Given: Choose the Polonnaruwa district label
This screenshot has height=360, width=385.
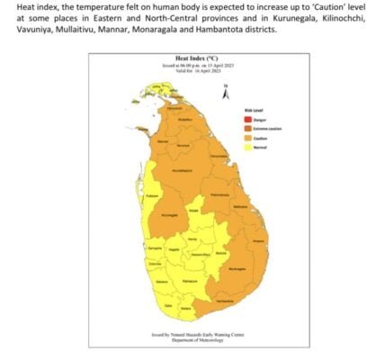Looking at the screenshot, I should pos(218,194).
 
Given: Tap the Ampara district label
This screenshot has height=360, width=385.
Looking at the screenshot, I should pos(258,241).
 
